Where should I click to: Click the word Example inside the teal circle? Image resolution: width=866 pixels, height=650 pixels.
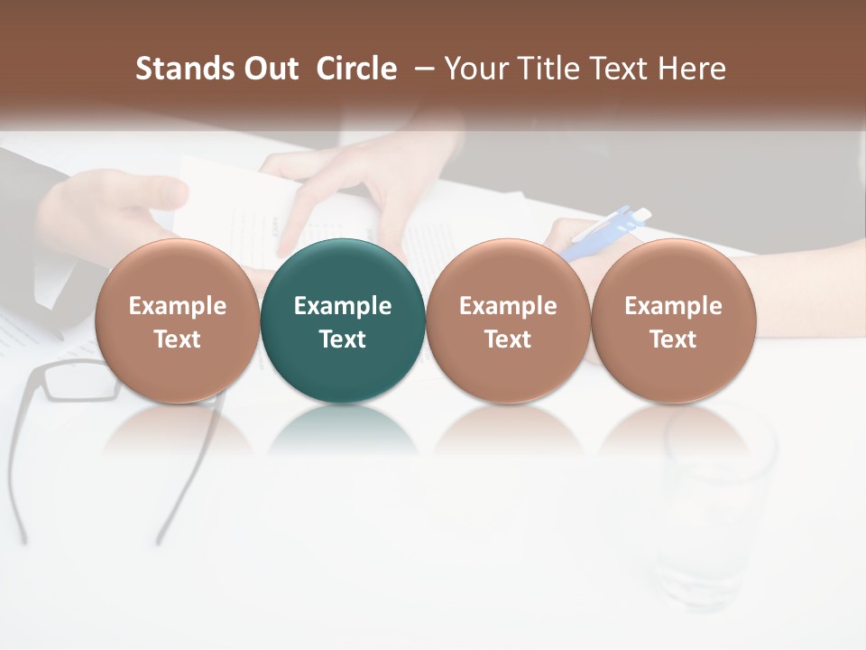tap(343, 306)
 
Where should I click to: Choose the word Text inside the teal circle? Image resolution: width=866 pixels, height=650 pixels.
tap(343, 339)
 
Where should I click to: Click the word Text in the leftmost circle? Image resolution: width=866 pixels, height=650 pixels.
tap(178, 339)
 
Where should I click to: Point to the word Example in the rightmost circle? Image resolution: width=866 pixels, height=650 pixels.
tap(673, 306)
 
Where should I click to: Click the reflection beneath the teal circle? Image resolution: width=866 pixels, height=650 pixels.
tap(343, 429)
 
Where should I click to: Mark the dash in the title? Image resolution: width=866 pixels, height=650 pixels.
tap(420, 69)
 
